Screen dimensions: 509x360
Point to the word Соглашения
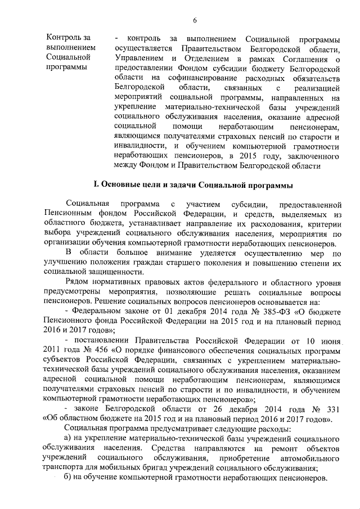coord(309,58)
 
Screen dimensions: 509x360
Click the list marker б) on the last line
coord(67,478)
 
